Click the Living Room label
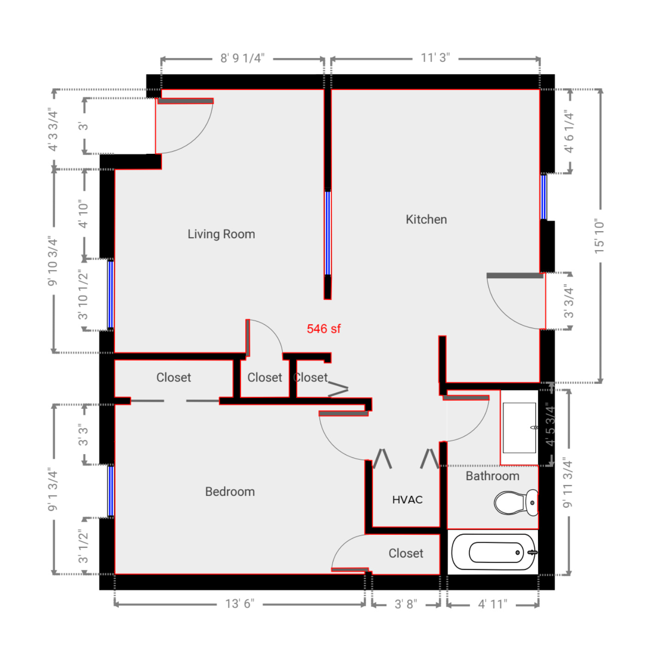tap(221, 234)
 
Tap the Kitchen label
tap(426, 219)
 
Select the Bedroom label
tap(230, 492)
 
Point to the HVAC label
tap(407, 500)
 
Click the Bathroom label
tap(492, 476)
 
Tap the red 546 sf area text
tap(323, 329)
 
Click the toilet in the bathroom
tap(516, 502)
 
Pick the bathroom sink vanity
tap(520, 428)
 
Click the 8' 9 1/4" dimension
tap(242, 59)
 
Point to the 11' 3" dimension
tap(435, 58)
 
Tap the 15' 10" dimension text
tap(599, 236)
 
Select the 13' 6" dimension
tap(240, 604)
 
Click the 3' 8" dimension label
tap(405, 604)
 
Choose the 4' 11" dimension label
tap(492, 604)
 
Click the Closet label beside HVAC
tap(406, 553)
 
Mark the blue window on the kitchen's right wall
tap(544, 197)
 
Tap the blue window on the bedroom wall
tap(111, 491)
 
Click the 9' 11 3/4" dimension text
tap(567, 483)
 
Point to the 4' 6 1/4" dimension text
tap(569, 132)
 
